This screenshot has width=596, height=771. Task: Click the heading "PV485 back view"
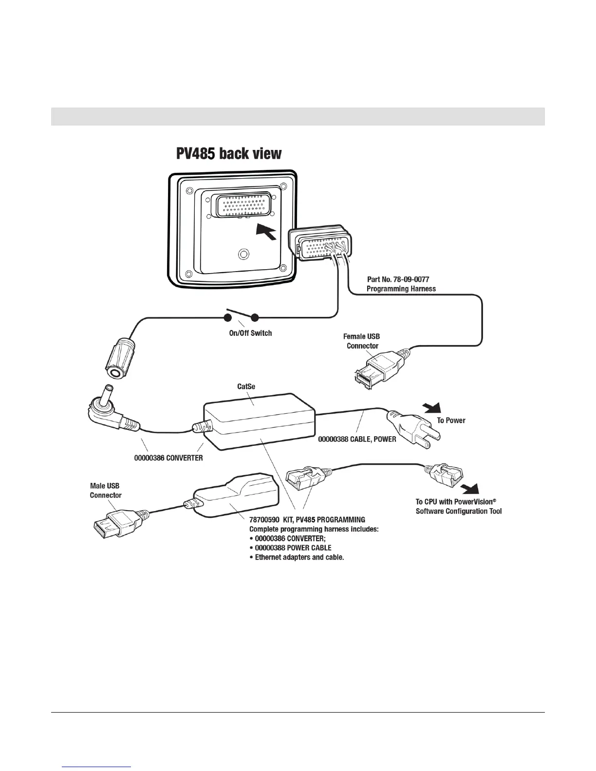tap(228, 154)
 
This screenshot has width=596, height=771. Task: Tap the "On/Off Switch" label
tap(250, 333)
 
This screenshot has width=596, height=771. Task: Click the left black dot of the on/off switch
tap(227, 318)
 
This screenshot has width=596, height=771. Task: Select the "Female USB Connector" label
tap(362, 341)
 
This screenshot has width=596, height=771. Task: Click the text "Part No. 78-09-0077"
tap(398, 279)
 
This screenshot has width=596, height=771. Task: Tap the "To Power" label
tap(451, 421)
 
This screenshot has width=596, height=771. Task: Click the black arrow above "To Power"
tap(433, 406)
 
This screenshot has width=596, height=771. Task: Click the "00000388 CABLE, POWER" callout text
tap(357, 439)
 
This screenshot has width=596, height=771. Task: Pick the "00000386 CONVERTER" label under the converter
tap(168, 458)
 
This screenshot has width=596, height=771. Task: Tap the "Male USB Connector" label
tap(105, 490)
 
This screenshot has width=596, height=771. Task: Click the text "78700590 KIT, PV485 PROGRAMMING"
tap(307, 520)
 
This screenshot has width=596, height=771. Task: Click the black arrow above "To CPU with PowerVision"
tap(470, 488)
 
